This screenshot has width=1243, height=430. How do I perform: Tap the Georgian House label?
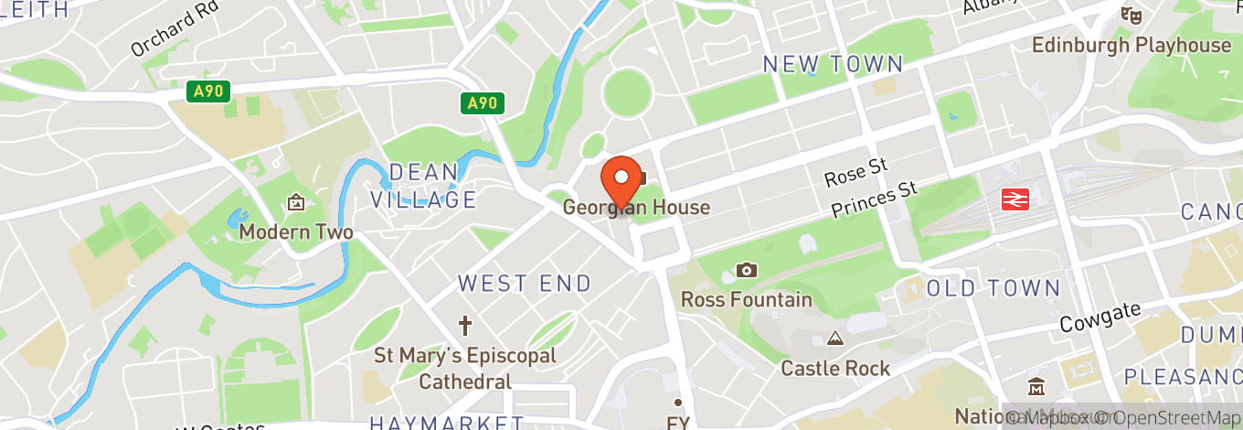[636, 208]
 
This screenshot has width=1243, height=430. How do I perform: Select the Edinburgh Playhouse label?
[1131, 45]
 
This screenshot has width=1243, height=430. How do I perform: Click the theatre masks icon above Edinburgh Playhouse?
[1131, 15]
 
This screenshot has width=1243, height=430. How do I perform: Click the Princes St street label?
[874, 199]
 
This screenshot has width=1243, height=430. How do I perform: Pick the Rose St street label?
[855, 172]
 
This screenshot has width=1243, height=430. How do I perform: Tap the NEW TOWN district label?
[833, 64]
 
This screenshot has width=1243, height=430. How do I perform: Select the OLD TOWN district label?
[993, 289]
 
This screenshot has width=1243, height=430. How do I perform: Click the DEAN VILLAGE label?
[423, 186]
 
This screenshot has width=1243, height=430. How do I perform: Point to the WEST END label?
[525, 284]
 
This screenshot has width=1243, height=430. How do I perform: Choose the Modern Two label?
[296, 232]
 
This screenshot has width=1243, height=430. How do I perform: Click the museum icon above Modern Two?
[295, 202]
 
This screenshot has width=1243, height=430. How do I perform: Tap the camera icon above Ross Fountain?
[747, 270]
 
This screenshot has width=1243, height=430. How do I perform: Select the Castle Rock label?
[835, 369]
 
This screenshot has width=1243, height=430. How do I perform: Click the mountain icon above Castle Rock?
[834, 339]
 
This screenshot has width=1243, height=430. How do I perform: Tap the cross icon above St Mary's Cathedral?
[465, 325]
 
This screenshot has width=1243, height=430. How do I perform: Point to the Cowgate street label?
[1100, 317]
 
